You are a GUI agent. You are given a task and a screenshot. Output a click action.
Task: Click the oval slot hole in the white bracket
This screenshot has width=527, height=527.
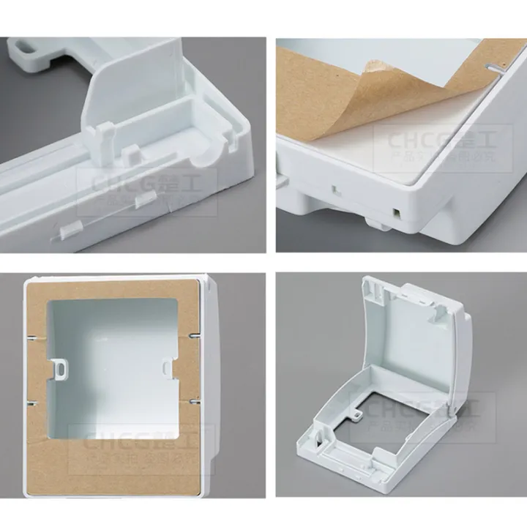click(23, 50)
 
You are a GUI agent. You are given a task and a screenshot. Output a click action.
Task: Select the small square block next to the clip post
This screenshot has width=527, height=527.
click(132, 153)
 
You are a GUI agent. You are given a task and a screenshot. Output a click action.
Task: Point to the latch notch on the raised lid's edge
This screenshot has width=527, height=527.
click(378, 294)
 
